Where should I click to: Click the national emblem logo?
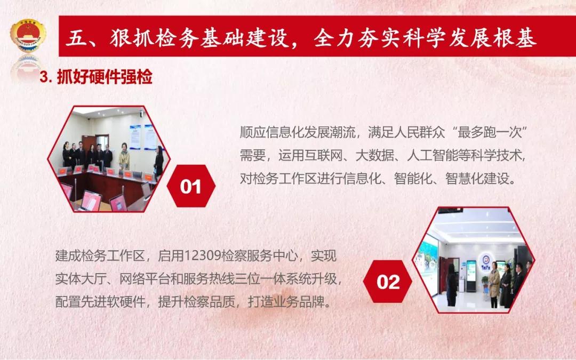coord(28,36)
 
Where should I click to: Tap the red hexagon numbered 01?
coord(190,186)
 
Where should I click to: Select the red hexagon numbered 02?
coord(388,282)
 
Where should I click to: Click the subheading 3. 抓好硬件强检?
coord(96,77)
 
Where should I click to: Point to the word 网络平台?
coord(145,279)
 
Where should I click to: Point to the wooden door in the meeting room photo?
coord(89,143)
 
